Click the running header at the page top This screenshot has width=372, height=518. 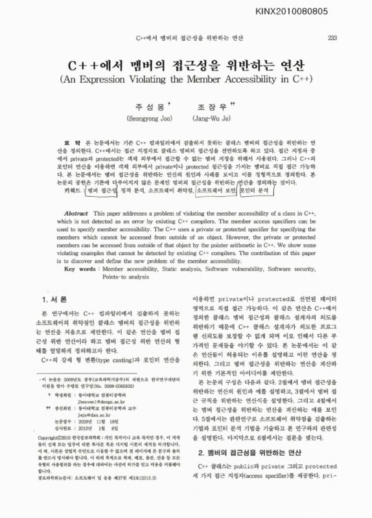tap(186, 37)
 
